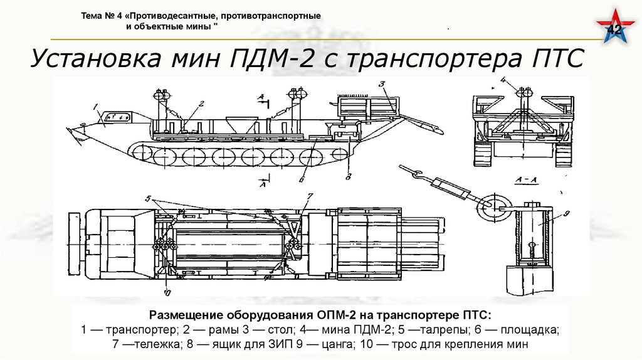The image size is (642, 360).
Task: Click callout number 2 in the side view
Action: [x=202, y=103]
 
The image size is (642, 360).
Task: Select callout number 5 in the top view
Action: [x=148, y=199]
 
